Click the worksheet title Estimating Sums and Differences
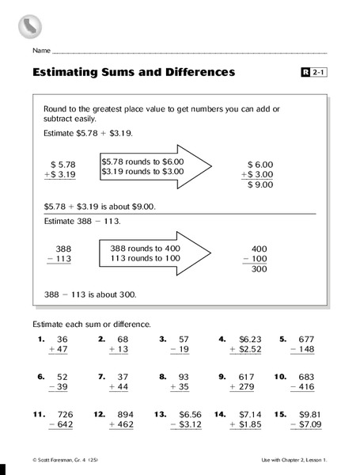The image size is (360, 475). point(134,73)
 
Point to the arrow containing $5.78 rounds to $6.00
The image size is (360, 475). point(155,165)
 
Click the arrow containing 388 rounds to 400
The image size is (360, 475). point(155,253)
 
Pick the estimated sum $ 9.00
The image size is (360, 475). point(261,184)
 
